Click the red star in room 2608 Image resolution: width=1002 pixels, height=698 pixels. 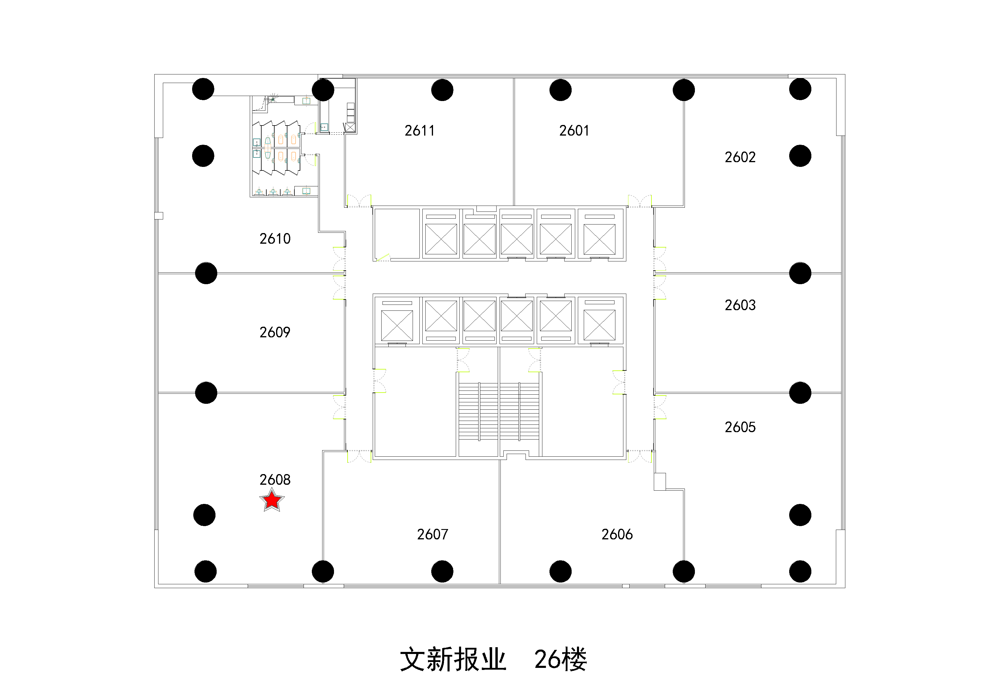coord(272,500)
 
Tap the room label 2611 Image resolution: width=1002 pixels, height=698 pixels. coord(419,131)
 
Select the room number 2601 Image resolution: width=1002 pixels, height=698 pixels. coord(574,131)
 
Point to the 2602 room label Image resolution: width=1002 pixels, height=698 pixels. coord(740,157)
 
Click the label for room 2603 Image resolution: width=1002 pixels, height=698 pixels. coord(740,305)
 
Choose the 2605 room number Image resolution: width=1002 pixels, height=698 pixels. coord(740,427)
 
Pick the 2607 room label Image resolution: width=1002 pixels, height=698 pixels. coord(432,534)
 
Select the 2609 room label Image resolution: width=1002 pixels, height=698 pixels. coord(275,332)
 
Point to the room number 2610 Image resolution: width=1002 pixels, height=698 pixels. coord(275,239)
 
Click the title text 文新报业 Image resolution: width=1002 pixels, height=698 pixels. coord(453,659)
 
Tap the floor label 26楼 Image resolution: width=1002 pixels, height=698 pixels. coord(560,659)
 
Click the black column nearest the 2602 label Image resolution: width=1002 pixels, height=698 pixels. coord(800,156)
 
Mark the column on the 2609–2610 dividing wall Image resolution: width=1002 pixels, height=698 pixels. coord(206,273)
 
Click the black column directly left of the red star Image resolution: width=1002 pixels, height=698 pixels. coord(204,515)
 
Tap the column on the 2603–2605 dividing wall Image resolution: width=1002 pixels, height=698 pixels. coord(800,393)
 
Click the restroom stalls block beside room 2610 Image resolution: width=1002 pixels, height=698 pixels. coord(277,148)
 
